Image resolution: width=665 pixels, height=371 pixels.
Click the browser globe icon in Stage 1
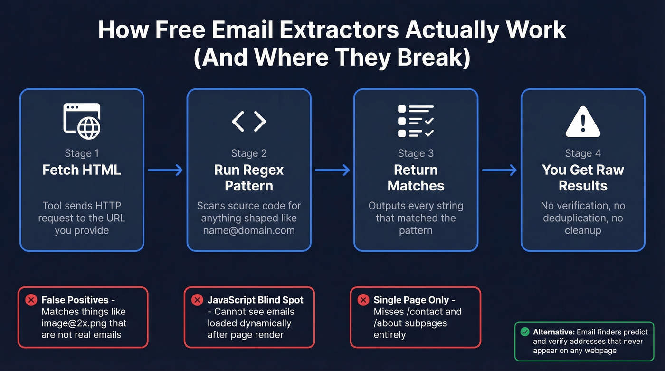pyautogui.click(x=82, y=121)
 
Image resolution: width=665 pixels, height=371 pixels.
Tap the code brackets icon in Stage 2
pyautogui.click(x=249, y=121)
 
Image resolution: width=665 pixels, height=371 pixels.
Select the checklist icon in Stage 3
pyautogui.click(x=416, y=121)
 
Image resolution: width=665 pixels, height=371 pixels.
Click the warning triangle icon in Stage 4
pyautogui.click(x=583, y=122)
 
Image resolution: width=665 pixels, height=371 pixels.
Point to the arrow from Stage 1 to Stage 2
pyautogui.click(x=165, y=170)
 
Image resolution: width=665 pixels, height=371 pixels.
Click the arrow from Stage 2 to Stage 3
pyautogui.click(x=332, y=170)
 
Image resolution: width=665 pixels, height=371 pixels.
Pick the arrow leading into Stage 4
pyautogui.click(x=499, y=170)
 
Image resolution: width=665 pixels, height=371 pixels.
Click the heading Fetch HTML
pyautogui.click(x=82, y=170)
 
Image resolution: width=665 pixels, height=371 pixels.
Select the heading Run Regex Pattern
pyautogui.click(x=249, y=178)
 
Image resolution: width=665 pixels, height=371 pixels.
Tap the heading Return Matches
pyautogui.click(x=416, y=178)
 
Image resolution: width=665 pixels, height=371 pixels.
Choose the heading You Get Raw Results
pyautogui.click(x=583, y=178)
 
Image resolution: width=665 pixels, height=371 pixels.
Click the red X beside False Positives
pyautogui.click(x=31, y=300)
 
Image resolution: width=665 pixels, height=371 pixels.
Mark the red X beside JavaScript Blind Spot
pyautogui.click(x=197, y=300)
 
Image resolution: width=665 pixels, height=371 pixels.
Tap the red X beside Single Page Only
pyautogui.click(x=363, y=300)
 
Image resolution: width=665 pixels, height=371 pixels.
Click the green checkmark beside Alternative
pyautogui.click(x=524, y=332)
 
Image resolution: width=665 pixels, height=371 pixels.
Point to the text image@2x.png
pyautogui.click(x=75, y=323)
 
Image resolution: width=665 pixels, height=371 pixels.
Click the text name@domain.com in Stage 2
pyautogui.click(x=249, y=230)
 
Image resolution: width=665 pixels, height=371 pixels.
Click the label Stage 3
pyautogui.click(x=416, y=153)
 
